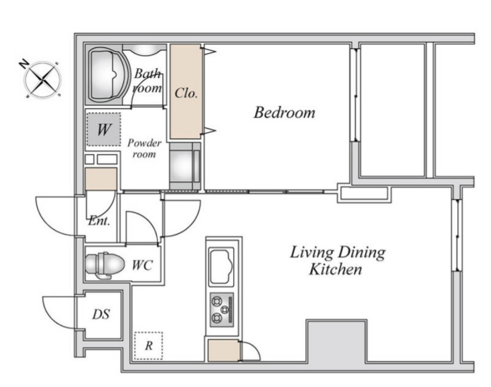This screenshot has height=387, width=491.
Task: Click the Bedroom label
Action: tap(284, 112)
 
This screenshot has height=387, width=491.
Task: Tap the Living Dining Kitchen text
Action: tap(337, 261)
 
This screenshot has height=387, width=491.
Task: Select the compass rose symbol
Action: tap(43, 80)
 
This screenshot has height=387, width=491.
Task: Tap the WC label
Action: tap(143, 265)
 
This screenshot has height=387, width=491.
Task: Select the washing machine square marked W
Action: tap(104, 129)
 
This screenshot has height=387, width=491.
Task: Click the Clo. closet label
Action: tap(186, 93)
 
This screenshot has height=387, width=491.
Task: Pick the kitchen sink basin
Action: tap(222, 266)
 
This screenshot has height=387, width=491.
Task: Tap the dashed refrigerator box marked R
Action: tap(149, 346)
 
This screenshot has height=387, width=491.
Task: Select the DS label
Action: tap(101, 314)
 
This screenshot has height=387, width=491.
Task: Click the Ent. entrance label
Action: tap(99, 221)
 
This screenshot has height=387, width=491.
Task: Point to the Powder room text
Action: tap(144, 148)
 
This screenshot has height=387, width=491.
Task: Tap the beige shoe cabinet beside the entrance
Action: tap(101, 179)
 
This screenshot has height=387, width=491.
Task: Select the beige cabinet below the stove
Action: tap(223, 350)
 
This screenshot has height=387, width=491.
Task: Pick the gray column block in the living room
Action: tap(336, 341)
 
